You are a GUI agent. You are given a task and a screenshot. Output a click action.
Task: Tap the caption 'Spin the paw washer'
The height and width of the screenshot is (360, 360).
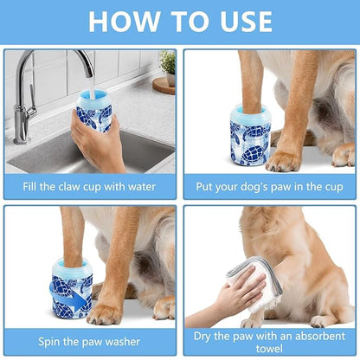pyautogui.click(x=91, y=340)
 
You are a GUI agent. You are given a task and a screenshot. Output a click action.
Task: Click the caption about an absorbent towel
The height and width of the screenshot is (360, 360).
pyautogui.click(x=269, y=340)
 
